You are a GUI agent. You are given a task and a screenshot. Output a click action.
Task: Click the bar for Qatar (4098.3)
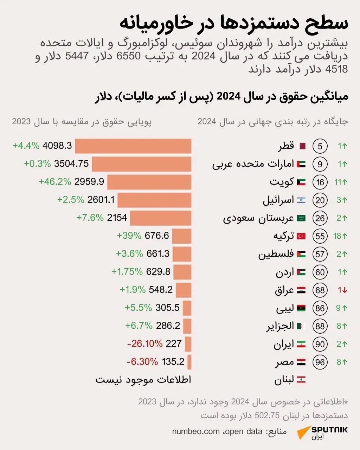133,146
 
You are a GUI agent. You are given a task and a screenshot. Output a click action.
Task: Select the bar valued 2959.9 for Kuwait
149,182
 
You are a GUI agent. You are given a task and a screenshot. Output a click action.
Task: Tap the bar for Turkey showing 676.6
181,236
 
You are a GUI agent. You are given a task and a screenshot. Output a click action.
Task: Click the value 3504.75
71,164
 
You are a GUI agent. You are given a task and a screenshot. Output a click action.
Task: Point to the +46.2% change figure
55,182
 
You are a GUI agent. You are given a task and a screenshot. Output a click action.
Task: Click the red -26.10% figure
144,343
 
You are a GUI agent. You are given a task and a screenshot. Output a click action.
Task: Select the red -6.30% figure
142,361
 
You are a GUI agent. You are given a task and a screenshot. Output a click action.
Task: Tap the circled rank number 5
320,146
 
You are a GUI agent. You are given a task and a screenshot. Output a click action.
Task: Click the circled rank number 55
320,236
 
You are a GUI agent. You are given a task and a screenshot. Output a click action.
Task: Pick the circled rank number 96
320,362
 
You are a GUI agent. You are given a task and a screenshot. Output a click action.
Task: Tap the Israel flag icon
301,200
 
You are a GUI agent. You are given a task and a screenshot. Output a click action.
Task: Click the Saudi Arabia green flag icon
301,218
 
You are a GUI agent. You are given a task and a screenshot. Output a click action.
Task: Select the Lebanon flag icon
301,380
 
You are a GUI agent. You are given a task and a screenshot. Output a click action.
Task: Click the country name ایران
283,344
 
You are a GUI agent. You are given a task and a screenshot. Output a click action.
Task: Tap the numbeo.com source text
195,431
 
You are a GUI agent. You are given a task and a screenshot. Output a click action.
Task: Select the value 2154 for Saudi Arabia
117,218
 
